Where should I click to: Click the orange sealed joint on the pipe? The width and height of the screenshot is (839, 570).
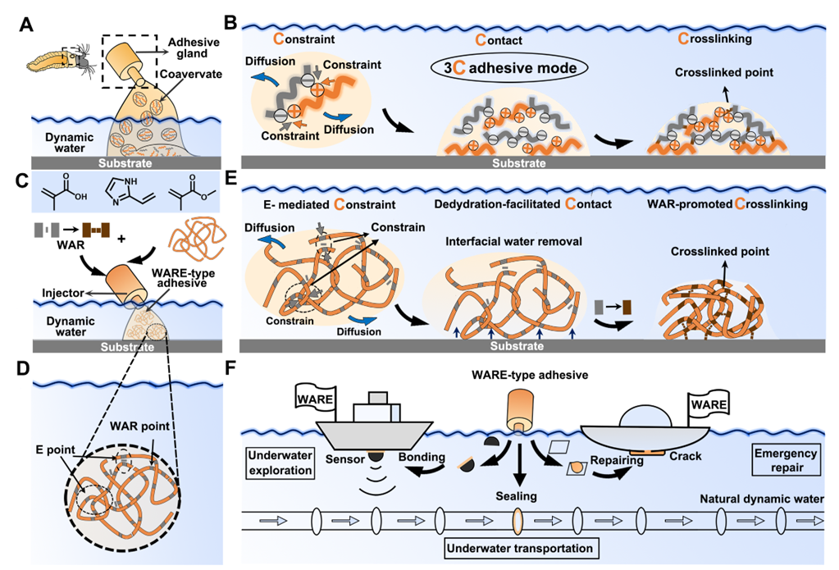click(517, 521)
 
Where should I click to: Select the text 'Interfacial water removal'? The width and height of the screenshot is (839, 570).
click(505, 242)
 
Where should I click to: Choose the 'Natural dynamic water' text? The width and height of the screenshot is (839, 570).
click(762, 497)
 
